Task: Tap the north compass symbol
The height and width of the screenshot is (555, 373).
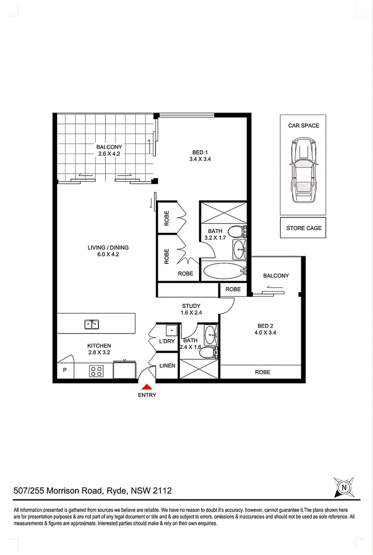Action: point(344,487)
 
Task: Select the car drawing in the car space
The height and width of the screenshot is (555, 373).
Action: point(303,170)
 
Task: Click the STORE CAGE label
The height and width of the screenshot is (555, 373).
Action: point(304,228)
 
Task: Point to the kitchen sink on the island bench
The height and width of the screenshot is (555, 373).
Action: point(92,324)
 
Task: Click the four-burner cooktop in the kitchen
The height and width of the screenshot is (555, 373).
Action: point(96,371)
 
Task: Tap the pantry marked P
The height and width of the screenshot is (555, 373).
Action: point(65,370)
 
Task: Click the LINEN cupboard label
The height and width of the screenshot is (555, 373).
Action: point(167,365)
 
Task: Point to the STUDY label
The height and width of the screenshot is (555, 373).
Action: point(192,306)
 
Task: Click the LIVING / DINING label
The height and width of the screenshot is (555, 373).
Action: point(108,248)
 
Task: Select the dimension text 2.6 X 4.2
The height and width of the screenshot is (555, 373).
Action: point(109,154)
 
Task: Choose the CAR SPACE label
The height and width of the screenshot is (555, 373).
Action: point(304,126)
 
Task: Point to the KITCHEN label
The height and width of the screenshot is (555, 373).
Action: point(99,346)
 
